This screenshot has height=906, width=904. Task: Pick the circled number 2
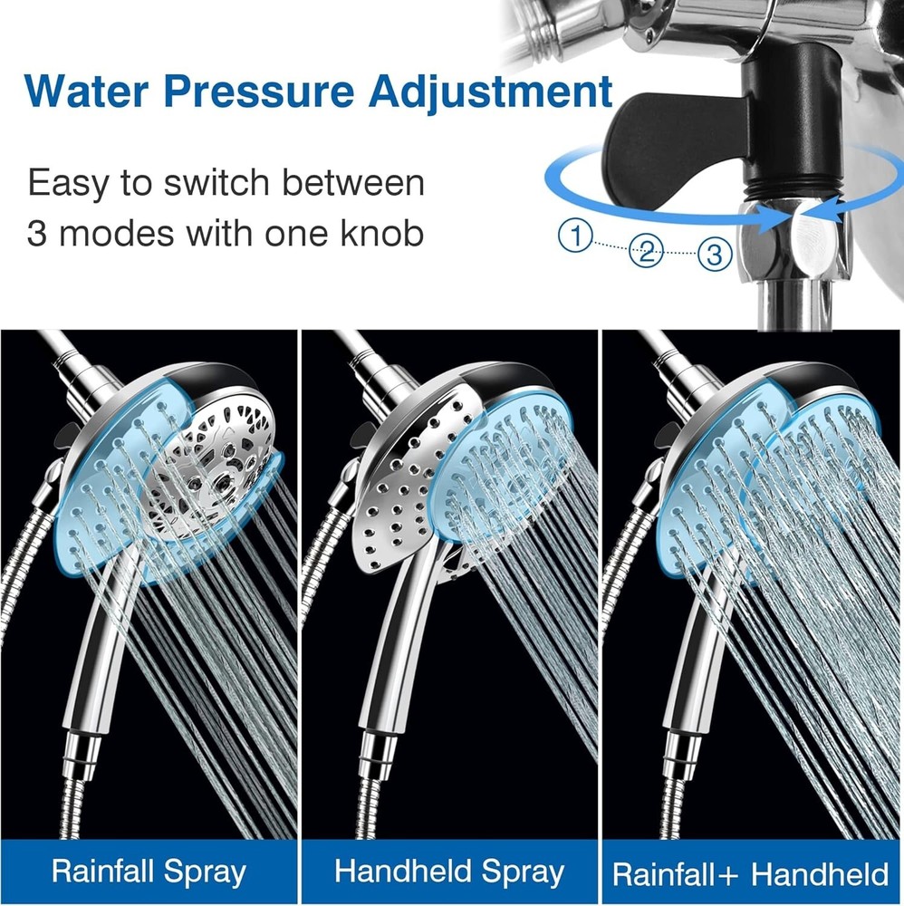point(645,251)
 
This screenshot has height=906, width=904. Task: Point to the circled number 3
point(715,255)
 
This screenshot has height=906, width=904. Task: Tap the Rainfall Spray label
point(149,872)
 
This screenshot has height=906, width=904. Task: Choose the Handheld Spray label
point(449,872)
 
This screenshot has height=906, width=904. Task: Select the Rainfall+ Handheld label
point(751,873)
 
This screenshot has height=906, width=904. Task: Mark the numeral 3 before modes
point(38,235)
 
